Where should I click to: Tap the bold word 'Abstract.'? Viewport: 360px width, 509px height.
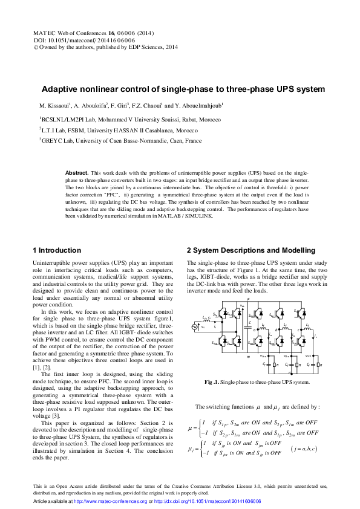77,173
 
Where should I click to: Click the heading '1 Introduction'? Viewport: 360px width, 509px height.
56,250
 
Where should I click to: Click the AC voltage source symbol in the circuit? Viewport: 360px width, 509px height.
195,327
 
